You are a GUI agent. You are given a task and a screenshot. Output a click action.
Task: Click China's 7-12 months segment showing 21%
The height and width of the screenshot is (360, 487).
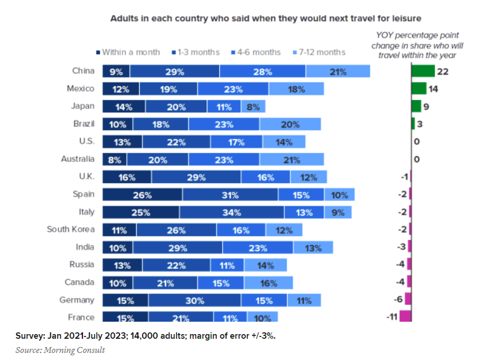(337, 72)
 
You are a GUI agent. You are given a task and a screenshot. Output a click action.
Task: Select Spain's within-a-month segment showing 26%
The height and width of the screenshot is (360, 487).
(142, 196)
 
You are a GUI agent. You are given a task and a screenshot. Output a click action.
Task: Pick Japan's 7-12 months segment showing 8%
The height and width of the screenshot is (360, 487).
(253, 107)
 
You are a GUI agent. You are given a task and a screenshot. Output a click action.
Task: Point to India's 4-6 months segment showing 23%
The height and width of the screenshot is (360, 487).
(258, 248)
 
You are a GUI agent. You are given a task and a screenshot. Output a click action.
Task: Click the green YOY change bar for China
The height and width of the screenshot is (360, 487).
(422, 71)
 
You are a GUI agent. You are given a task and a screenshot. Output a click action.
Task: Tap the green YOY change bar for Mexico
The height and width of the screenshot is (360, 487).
(419, 88)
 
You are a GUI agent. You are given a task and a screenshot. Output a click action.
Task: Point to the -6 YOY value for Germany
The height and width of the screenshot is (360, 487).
(398, 300)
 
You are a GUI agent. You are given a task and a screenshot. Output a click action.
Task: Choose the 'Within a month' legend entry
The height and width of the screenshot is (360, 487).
(127, 52)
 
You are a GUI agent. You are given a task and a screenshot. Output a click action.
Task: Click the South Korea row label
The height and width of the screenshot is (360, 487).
(70, 229)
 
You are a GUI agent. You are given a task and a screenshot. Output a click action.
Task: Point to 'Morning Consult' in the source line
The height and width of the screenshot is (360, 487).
(75, 350)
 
